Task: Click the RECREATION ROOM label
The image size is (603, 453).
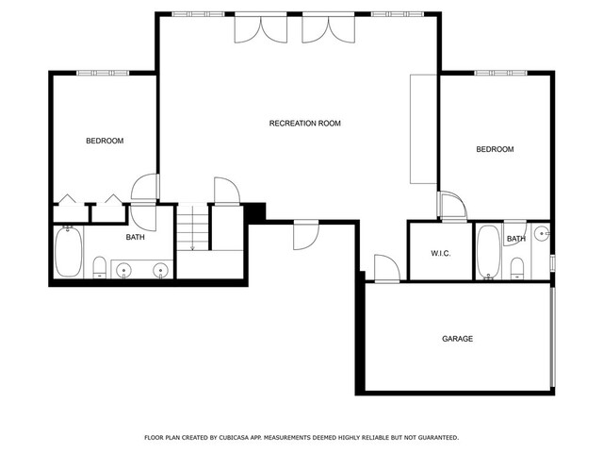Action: tap(305, 124)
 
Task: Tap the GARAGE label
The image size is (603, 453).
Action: tap(457, 339)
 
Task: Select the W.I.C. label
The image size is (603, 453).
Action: tap(441, 254)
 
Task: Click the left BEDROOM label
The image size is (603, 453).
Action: tap(105, 141)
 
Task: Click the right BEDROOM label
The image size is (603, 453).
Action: tap(495, 149)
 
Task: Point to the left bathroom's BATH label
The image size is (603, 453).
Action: tap(136, 237)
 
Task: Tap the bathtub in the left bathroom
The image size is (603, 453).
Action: tap(69, 252)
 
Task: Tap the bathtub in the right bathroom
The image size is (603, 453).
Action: tap(488, 252)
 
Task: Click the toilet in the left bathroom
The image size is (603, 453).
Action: tap(100, 267)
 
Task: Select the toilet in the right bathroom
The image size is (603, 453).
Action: tap(517, 268)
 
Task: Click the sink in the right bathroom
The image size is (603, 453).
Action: tap(543, 233)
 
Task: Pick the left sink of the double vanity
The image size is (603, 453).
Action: tap(123, 270)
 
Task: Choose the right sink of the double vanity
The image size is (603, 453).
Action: tap(160, 270)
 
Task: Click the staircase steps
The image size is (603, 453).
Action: tap(192, 228)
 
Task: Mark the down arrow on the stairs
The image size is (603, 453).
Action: tap(192, 228)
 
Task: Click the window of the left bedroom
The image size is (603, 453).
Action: tap(103, 73)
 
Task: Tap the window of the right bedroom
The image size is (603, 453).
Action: tap(500, 73)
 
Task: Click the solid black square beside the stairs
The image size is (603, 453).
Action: tap(254, 213)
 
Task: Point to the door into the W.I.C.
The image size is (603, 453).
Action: tap(454, 207)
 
